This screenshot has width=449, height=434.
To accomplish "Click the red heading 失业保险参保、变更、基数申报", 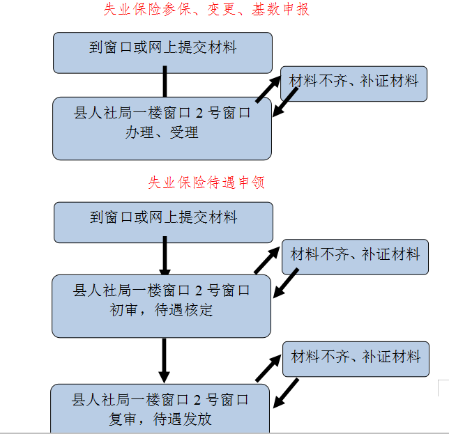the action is (206, 9).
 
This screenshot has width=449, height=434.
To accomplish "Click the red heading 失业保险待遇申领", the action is (206, 183).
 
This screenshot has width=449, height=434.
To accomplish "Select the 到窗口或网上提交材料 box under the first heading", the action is (162, 53).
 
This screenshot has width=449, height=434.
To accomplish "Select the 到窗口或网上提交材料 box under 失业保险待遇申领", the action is (164, 223).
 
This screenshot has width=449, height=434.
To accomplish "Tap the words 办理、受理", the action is (162, 132).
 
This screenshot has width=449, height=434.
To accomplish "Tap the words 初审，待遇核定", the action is (161, 310).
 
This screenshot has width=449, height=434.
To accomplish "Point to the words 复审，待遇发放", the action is (160, 419).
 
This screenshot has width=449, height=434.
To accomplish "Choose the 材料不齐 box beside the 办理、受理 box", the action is (354, 84).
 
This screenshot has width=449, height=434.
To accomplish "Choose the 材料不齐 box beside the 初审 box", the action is (356, 257).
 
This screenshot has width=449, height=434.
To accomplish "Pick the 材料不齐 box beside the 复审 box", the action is (356, 359).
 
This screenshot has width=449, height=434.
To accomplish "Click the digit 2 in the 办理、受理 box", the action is (199, 114).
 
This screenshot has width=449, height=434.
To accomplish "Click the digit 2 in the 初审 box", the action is (199, 291).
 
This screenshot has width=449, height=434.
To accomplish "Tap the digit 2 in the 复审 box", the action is (197, 400).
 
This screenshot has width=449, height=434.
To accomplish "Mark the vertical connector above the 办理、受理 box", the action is (165, 82).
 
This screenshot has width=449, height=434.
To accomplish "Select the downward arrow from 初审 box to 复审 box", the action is (164, 361).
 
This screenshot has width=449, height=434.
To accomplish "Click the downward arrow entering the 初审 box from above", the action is (165, 256).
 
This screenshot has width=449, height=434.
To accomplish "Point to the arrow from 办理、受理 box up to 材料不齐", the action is (268, 89).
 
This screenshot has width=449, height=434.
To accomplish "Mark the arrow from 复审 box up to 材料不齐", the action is (268, 369).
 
